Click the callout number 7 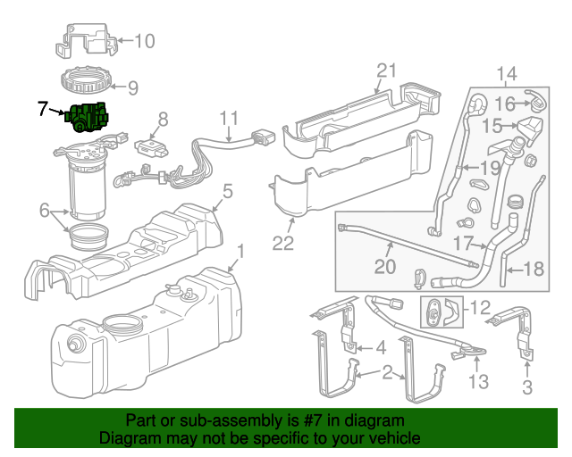point(43,110)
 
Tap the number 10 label point(144,40)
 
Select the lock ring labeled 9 point(88,86)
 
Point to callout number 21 point(385,71)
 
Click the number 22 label point(282,243)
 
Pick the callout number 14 point(506,73)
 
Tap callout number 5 point(228,190)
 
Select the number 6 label point(45,210)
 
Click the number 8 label point(163,119)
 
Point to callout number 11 point(230,118)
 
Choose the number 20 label point(384,267)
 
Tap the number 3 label point(526,386)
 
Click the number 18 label point(533,269)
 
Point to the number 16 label point(506,104)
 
